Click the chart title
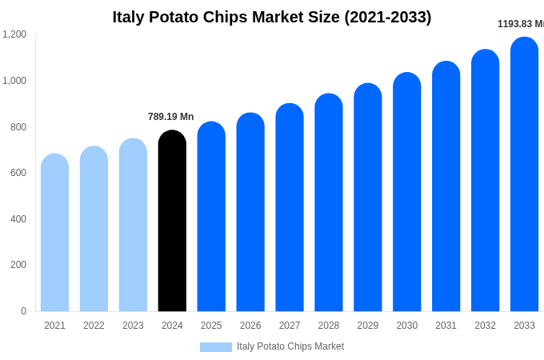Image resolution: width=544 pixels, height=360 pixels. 272,17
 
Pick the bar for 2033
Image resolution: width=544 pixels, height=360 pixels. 524,176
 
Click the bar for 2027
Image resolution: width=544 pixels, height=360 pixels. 290,210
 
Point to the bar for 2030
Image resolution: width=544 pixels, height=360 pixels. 406,194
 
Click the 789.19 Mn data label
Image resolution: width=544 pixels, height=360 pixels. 170,117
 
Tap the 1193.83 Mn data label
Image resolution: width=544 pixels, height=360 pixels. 521,24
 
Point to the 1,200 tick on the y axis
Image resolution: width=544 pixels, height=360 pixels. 14,34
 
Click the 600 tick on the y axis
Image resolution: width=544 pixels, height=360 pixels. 18,173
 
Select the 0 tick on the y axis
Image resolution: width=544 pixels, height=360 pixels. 23,311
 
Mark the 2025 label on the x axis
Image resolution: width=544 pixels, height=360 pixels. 211,326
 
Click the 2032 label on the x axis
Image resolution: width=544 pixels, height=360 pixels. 485,326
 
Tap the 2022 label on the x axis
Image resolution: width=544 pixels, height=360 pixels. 94,326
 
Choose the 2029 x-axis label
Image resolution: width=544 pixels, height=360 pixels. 368,326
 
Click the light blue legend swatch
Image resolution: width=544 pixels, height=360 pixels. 215,347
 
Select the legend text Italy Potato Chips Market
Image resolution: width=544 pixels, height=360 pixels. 290,346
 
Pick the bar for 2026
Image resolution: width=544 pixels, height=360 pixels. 250,214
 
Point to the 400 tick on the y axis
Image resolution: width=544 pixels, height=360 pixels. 18,219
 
